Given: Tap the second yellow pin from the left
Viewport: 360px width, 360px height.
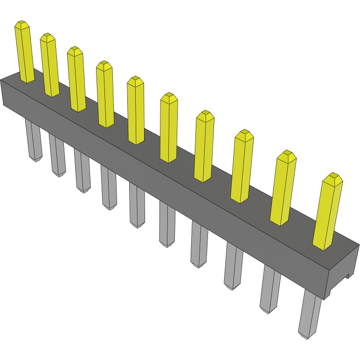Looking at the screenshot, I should (49, 65).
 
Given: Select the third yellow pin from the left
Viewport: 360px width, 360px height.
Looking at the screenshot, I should (76, 79).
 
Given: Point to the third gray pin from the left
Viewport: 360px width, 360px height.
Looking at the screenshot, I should (82, 171).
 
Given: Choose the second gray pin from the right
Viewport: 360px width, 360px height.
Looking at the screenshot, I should (270, 289).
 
